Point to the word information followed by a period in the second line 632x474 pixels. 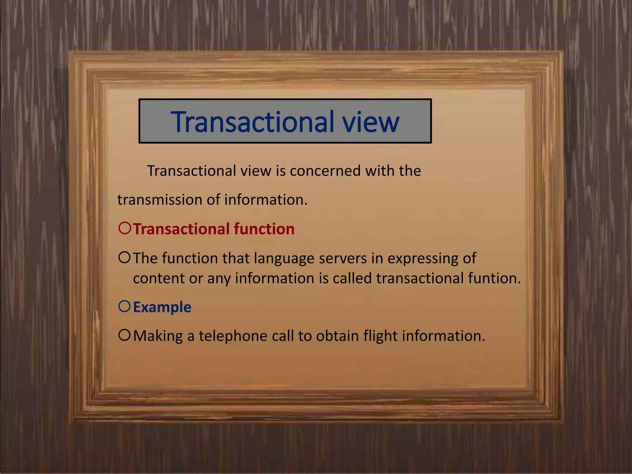(266, 200)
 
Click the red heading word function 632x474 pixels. (264, 229)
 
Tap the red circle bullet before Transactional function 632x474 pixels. (125, 228)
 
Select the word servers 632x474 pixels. (343, 259)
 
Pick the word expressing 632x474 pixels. (422, 259)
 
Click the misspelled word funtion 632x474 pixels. (494, 278)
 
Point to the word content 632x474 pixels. (159, 278)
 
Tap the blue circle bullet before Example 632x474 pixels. (125, 306)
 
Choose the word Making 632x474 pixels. (158, 336)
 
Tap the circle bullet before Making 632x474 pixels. (125, 335)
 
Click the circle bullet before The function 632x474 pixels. (125, 257)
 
